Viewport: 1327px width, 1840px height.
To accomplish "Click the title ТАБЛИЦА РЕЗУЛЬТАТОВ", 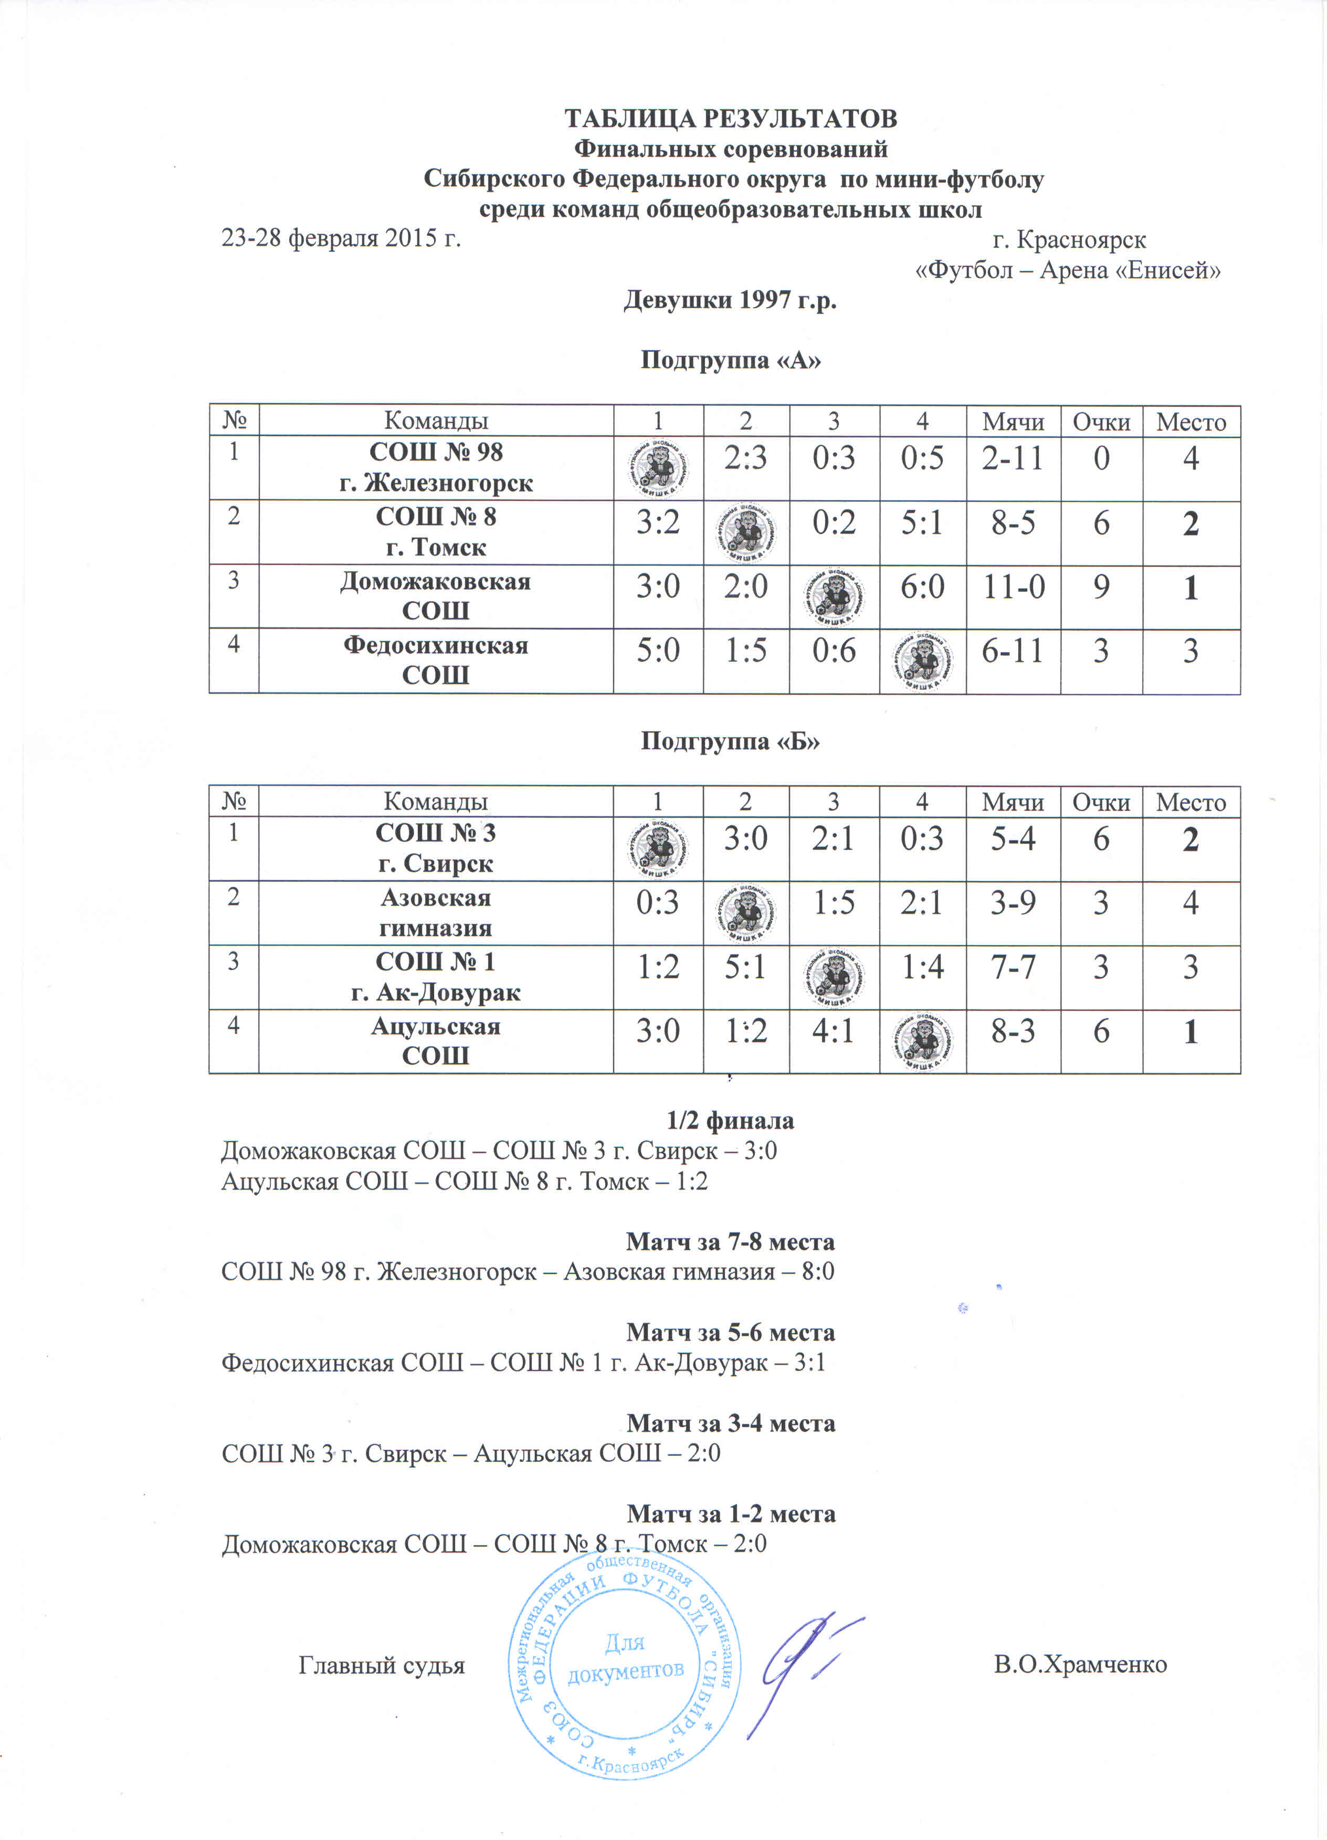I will pos(730,119).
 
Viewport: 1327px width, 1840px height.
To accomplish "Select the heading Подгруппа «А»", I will pos(730,359).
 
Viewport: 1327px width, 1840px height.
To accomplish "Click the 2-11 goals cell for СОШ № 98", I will pos(1012,459).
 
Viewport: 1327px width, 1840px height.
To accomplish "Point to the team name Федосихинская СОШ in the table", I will pos(436,660).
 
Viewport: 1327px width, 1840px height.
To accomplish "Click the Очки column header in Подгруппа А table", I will pos(1101,422).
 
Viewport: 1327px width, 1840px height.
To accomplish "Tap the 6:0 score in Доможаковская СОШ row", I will pos(922,587).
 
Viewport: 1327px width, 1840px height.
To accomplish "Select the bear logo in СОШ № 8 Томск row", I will pos(745,532).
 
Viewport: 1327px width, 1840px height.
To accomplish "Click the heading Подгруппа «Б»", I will pos(730,741).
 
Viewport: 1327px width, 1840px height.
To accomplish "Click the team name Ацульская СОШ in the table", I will pos(436,1040).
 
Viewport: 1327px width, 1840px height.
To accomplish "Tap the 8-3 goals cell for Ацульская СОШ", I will pos(1012,1032).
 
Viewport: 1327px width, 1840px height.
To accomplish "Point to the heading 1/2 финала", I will pos(730,1121).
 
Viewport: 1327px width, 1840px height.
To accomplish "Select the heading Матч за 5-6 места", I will pos(730,1333).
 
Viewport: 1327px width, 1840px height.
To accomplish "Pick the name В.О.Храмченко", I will pos(1080,1665).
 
